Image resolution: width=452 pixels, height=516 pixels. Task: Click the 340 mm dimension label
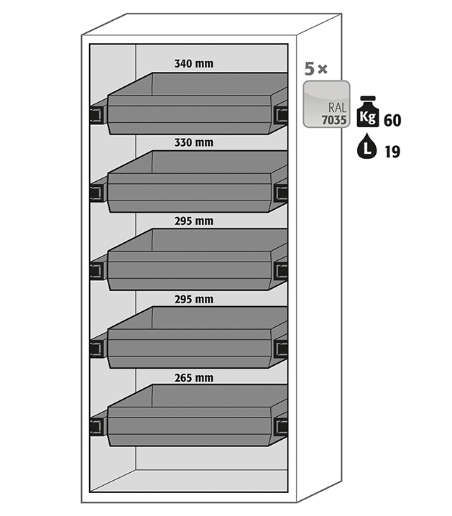[x=193, y=64]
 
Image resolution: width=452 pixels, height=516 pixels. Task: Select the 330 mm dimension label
[x=193, y=142]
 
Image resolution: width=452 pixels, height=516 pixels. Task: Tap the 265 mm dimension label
[x=193, y=377]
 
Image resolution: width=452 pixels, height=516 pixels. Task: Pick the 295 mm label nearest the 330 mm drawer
[x=193, y=221]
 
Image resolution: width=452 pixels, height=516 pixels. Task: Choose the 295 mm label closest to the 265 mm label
[x=193, y=299]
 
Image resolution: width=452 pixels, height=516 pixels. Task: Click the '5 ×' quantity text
[x=316, y=70]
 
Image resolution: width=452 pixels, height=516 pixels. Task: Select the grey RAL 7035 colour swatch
[x=326, y=104]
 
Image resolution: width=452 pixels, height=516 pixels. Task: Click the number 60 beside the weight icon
[x=392, y=120]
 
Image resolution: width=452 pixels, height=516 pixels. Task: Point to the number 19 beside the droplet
[x=392, y=151]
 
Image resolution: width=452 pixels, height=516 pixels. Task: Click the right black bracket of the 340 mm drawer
[x=281, y=114]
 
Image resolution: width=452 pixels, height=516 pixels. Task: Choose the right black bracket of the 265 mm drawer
[x=281, y=426]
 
